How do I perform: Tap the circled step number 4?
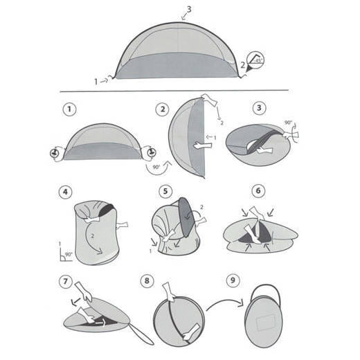66,192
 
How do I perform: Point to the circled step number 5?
163,192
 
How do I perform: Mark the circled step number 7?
66,282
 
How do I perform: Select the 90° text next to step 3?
288,123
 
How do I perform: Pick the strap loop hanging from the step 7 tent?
143,336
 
